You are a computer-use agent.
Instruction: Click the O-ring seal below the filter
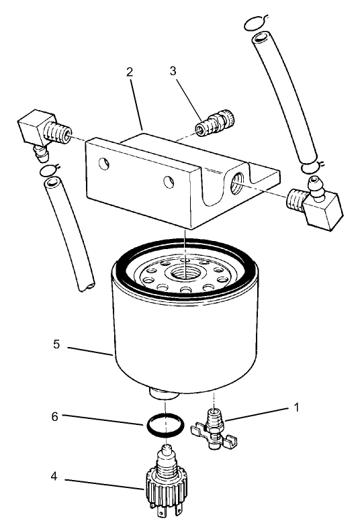point(162,425)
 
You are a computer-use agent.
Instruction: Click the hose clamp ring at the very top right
point(256,23)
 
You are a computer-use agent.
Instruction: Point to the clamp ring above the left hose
point(49,172)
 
